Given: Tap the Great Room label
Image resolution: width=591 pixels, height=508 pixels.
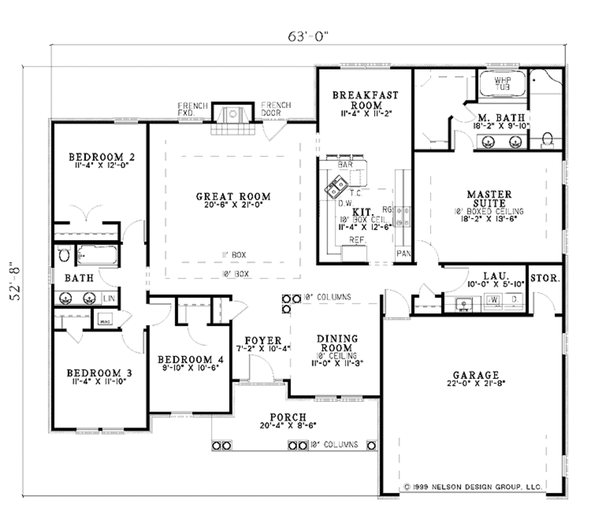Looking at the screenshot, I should [x=233, y=197].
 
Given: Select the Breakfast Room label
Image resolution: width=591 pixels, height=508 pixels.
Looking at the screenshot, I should [x=365, y=100].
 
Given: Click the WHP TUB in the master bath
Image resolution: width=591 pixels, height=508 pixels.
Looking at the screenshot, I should [x=503, y=84].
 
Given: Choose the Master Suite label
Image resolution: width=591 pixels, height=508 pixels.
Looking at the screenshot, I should [x=489, y=199].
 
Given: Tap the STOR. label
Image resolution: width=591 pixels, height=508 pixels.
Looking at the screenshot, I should [x=544, y=278].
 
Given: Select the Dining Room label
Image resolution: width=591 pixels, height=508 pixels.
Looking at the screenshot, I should [x=336, y=344].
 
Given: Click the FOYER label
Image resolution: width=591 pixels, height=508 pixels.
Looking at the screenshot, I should [x=263, y=341].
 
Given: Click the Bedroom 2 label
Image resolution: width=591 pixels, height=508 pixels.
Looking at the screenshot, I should [x=102, y=157].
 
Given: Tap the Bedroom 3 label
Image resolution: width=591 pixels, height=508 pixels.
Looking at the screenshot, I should [x=99, y=373].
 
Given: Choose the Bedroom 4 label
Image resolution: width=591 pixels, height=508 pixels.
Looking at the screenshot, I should [x=190, y=360].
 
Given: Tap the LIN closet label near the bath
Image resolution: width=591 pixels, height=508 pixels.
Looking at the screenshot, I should [x=109, y=298].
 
